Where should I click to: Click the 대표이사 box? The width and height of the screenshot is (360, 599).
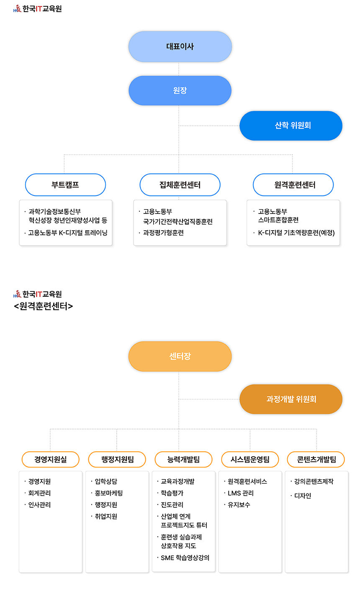pyautogui.click(x=180, y=46)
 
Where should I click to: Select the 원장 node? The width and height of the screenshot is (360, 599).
pyautogui.click(x=180, y=90)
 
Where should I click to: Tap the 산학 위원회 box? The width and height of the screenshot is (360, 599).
pyautogui.click(x=291, y=126)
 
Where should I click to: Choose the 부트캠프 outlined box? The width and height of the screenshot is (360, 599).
pyautogui.click(x=65, y=185)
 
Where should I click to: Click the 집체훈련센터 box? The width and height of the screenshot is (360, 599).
pyautogui.click(x=180, y=185)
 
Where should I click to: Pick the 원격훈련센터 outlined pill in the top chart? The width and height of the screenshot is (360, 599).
pyautogui.click(x=293, y=185)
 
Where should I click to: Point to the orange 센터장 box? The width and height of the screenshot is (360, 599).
pyautogui.click(x=180, y=356)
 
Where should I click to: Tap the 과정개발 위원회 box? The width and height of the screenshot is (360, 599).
pyautogui.click(x=291, y=399)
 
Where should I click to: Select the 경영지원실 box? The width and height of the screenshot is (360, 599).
pyautogui.click(x=51, y=459)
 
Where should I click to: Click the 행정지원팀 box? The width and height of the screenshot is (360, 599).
pyautogui.click(x=117, y=459)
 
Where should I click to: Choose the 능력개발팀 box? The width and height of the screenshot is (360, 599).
pyautogui.click(x=183, y=459)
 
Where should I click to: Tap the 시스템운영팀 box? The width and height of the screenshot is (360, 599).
pyautogui.click(x=250, y=459)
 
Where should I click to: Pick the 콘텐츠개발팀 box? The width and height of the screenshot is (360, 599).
pyautogui.click(x=316, y=459)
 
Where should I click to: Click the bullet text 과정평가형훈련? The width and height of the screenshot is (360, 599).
pyautogui.click(x=163, y=233)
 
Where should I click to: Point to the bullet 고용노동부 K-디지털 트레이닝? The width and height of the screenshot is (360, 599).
pyautogui.click(x=68, y=233)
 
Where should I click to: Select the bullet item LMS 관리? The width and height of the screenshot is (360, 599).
pyautogui.click(x=240, y=493)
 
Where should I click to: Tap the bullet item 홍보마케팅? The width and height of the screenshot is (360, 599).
pyautogui.click(x=108, y=493)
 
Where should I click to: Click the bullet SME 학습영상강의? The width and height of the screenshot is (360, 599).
pyautogui.click(x=185, y=558)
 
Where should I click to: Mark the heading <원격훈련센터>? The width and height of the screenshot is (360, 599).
pyautogui.click(x=44, y=306)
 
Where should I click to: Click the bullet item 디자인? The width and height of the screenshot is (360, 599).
pyautogui.click(x=303, y=496)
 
